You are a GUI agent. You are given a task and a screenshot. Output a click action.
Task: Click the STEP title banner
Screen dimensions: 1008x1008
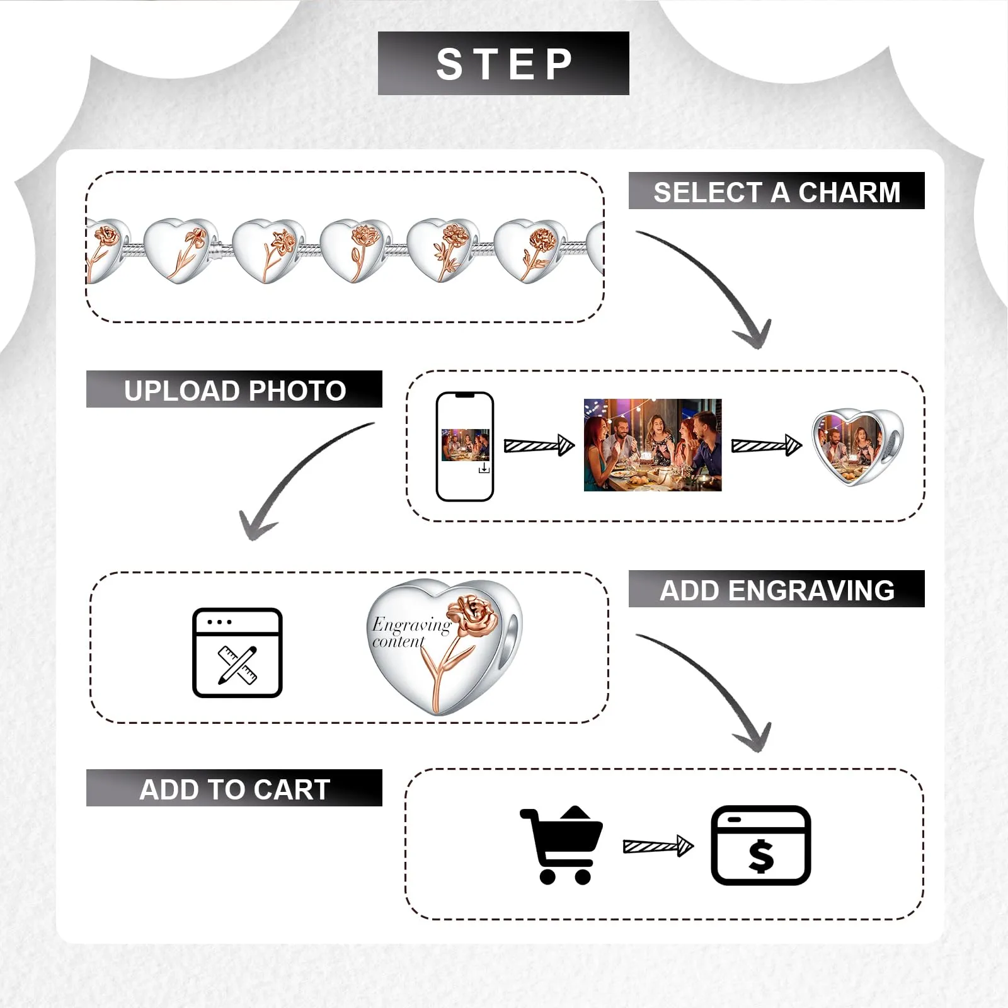503,63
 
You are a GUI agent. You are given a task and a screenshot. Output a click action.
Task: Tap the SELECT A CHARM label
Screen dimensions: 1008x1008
776,191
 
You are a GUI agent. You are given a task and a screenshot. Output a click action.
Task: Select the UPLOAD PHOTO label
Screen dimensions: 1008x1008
234,389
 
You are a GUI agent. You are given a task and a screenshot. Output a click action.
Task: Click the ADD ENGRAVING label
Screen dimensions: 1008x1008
776,589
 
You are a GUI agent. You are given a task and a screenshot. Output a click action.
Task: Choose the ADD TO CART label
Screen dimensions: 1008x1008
234,788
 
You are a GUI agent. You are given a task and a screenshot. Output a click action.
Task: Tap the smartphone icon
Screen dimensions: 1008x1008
465,447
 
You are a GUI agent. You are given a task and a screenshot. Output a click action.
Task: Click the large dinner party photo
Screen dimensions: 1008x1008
653,445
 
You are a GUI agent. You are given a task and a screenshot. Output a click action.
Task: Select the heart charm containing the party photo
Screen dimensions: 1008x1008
857,448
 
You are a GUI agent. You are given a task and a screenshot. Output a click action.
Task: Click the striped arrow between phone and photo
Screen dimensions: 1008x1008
539,445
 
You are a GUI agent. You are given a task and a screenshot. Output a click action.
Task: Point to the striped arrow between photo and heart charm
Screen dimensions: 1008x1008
767,445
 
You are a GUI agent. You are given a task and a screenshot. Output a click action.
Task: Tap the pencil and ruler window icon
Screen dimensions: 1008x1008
237,653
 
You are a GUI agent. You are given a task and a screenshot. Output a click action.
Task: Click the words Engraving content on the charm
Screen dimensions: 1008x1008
411,633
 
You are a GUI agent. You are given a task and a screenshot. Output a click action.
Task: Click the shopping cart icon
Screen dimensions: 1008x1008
561,845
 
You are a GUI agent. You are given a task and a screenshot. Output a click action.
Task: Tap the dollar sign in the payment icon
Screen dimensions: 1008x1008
761,856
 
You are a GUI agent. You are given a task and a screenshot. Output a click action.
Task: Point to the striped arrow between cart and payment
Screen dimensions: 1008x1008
658,845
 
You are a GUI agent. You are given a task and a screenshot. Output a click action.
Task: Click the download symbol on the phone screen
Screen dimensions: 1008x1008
484,468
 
